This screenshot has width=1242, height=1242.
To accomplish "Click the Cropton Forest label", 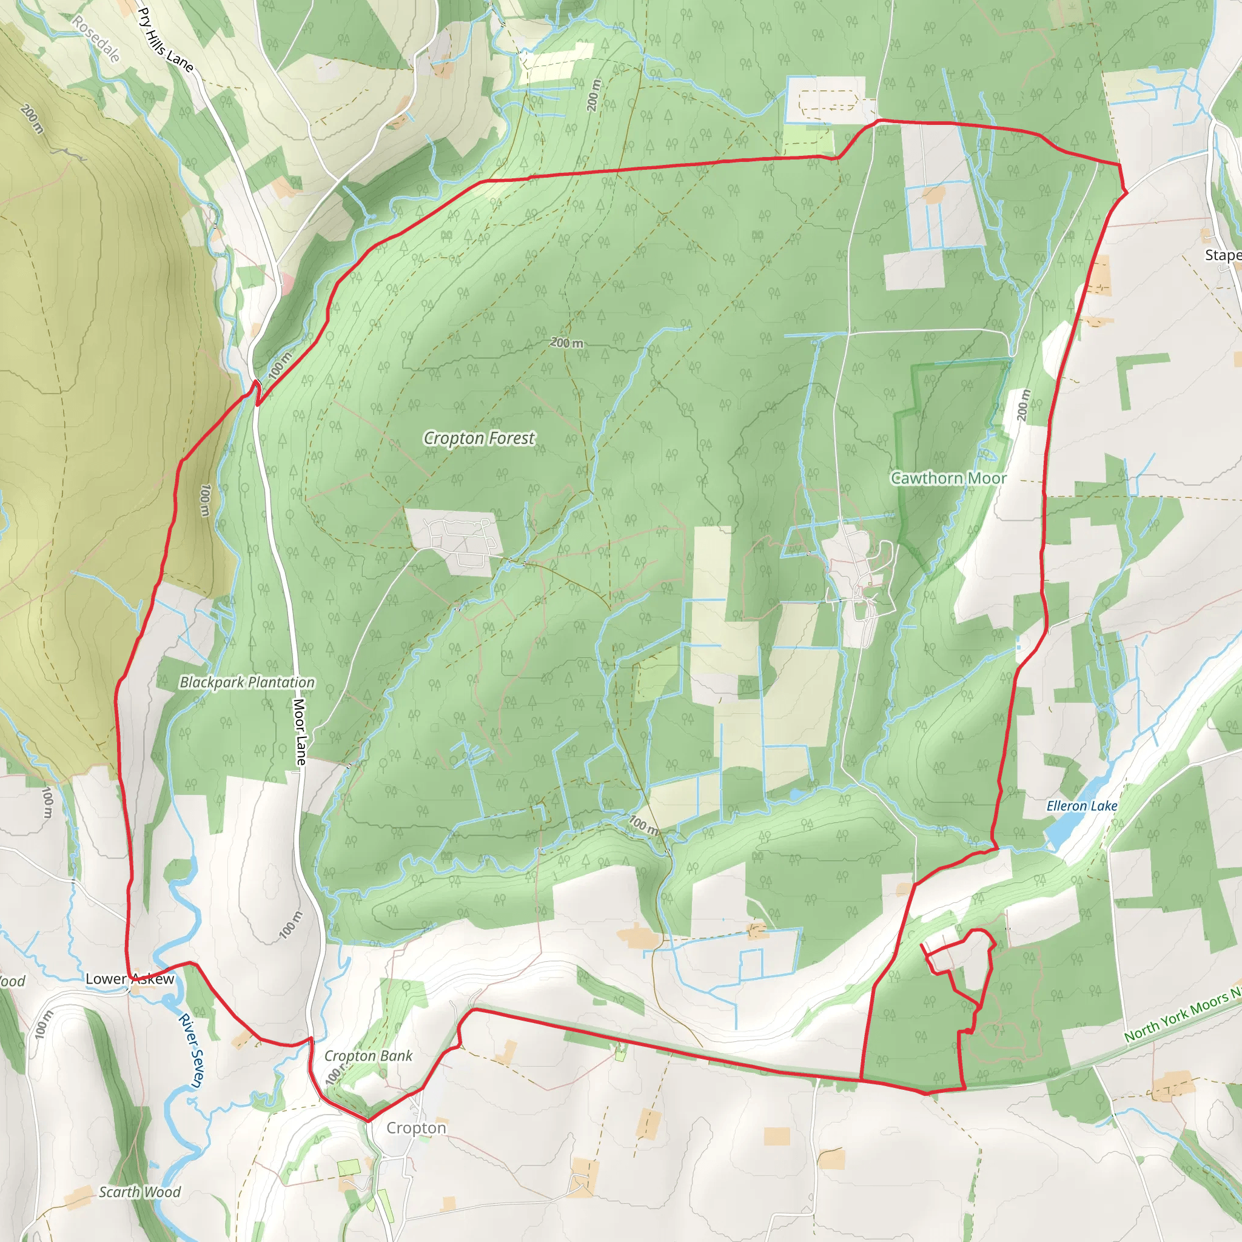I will [479, 438].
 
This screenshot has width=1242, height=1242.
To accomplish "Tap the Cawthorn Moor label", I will [948, 478].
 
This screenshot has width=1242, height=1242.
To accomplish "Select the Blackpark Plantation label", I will [247, 683].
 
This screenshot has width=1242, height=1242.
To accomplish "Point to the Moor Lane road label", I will [300, 732].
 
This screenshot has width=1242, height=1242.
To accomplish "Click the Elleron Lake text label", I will [1082, 806].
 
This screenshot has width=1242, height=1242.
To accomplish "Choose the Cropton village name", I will [416, 1128].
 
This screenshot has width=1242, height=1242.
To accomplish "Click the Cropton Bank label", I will [368, 1056].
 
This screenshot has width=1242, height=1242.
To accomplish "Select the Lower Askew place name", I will [130, 979].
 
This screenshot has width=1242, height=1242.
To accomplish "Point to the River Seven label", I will [190, 1050].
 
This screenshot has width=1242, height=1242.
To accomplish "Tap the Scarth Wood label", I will [139, 1192].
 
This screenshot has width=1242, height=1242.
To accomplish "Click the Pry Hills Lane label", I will [165, 40].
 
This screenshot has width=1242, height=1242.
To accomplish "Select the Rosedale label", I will [96, 39].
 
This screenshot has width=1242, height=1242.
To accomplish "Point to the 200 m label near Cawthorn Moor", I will [1024, 406].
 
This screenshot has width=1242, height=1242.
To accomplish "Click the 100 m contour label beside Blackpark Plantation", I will [204, 500].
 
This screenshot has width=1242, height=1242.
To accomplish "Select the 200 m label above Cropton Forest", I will [567, 343].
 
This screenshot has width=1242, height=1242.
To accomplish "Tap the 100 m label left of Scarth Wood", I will [43, 1024].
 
